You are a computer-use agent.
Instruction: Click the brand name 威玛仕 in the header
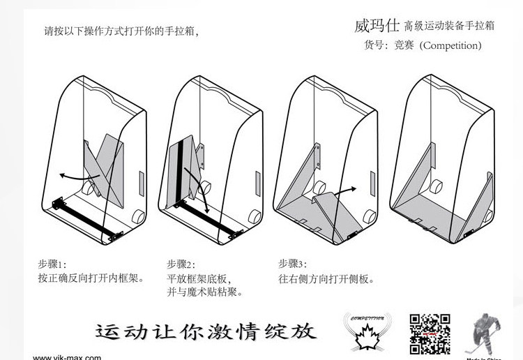[x=377, y=26]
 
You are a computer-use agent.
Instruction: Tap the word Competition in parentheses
[x=450, y=45]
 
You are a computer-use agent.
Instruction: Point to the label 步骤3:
[x=293, y=264]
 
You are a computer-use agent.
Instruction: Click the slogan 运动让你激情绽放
[x=206, y=329]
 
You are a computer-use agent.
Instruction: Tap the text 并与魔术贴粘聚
[x=205, y=292]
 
